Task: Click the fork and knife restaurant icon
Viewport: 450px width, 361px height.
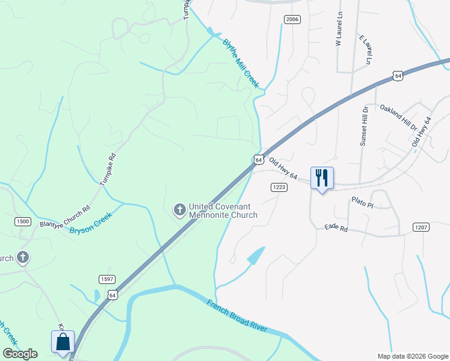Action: pos(322,178)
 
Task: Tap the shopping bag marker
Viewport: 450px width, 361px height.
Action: pos(63,342)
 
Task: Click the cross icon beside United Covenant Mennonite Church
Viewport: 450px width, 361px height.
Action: pos(179,210)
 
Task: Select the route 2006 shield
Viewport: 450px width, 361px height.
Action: pos(292,20)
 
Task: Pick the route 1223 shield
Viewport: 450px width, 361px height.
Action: pos(278,188)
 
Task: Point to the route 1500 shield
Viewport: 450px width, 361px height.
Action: pos(23,221)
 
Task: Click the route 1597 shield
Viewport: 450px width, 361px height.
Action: pos(107,279)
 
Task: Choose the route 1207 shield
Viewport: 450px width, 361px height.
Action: pos(421,227)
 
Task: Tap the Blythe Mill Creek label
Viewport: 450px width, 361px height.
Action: pos(241,63)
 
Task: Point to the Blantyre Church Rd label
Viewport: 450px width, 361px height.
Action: pos(64,217)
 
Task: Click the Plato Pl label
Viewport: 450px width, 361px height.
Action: pos(363,203)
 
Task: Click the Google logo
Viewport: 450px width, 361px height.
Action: pos(20,354)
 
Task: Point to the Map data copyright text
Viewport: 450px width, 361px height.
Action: pos(412,356)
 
